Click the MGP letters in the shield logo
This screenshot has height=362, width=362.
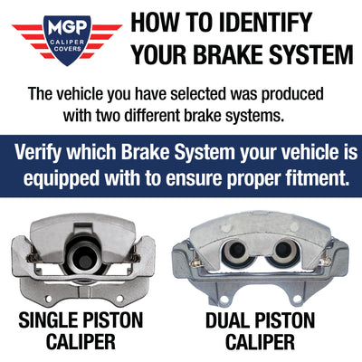pyautogui.click(x=68, y=28)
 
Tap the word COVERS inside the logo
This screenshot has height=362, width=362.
pyautogui.click(x=68, y=49)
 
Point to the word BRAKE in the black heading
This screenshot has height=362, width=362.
pyautogui.click(x=228, y=54)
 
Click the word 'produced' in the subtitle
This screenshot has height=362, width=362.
pyautogui.click(x=292, y=94)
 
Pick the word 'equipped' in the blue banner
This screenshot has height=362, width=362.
pyautogui.click(x=61, y=179)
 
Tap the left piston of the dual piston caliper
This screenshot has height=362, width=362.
pyautogui.click(x=237, y=252)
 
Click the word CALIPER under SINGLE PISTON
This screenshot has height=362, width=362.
pyautogui.click(x=81, y=341)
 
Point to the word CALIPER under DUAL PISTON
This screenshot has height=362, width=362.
pyautogui.click(x=260, y=342)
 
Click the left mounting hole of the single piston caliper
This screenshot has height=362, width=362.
pyautogui.click(x=48, y=299)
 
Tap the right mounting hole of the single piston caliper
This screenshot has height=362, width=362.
pyautogui.click(x=119, y=299)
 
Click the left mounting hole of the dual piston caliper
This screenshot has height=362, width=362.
pyautogui.click(x=224, y=300)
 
